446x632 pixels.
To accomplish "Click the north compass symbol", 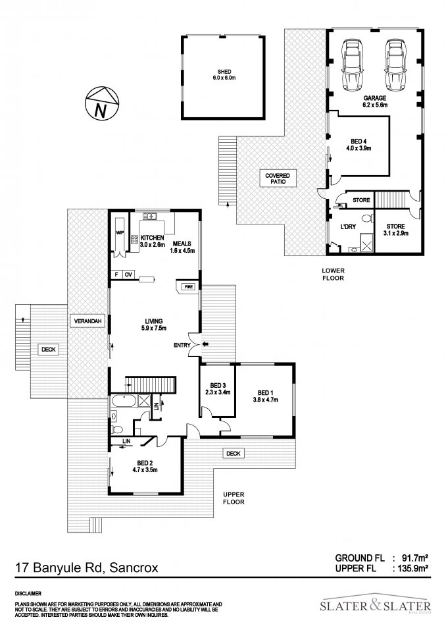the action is (102, 103).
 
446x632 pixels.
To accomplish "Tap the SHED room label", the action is (224, 71).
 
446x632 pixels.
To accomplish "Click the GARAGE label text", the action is (375, 98).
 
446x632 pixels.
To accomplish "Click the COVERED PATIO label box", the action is (278, 178).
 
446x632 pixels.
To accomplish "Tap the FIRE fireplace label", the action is (189, 287).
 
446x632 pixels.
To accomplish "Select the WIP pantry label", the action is (120, 233).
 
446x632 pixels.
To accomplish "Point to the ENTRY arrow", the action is (205, 344).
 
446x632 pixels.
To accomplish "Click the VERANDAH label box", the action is (87, 321).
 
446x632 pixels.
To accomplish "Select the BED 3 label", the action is (218, 385).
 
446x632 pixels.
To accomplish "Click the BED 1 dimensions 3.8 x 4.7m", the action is (266, 400).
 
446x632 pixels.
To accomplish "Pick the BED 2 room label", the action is (145, 463).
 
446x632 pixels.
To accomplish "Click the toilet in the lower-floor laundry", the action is (366, 218).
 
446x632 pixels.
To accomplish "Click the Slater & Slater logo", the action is (376, 604).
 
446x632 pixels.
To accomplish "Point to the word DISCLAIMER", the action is (28, 593).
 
